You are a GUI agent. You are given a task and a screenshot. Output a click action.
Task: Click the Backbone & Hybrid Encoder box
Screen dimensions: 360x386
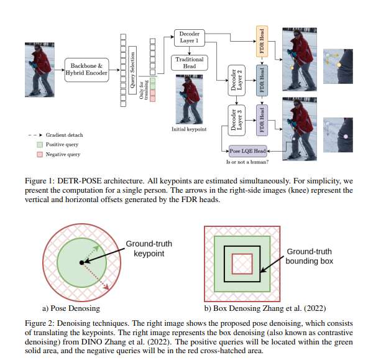tap(86, 69)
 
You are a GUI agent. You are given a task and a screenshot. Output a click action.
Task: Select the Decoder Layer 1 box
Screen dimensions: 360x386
tap(188, 37)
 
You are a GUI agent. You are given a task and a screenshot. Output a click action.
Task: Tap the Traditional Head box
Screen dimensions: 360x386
tap(188, 63)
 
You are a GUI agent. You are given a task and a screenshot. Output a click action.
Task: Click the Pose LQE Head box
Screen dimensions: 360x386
tap(247, 150)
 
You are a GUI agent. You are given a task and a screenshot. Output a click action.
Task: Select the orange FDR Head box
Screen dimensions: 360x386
tap(261, 41)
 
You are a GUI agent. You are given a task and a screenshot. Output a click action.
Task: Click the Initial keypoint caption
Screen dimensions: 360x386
tap(189, 129)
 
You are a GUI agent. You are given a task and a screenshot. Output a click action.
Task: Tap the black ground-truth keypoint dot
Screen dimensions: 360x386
tap(81, 264)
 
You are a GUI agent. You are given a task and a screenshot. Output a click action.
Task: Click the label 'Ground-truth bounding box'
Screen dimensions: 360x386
tap(309, 256)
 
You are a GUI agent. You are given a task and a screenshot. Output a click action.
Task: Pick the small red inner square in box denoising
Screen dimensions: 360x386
tap(242, 264)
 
